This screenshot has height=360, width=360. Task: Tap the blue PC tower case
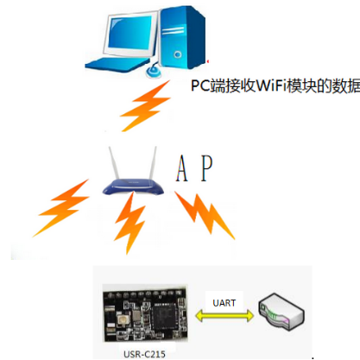(183, 36)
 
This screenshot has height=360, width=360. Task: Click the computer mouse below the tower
(154, 72)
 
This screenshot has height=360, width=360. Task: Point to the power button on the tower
(178, 54)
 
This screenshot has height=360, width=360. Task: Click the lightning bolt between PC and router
(146, 105)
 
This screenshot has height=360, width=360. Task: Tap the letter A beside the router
(181, 168)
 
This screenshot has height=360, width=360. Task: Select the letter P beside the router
(206, 167)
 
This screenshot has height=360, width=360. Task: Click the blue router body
(133, 186)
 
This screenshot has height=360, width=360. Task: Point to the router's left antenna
(113, 163)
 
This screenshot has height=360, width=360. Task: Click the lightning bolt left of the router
(61, 208)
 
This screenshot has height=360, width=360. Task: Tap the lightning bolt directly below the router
(130, 223)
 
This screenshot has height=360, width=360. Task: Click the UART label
(224, 303)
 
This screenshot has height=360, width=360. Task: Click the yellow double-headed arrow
(224, 316)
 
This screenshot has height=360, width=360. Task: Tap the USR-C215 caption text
(144, 354)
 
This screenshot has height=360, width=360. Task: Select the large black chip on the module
(165, 318)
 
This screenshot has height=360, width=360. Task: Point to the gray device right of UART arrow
(281, 313)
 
